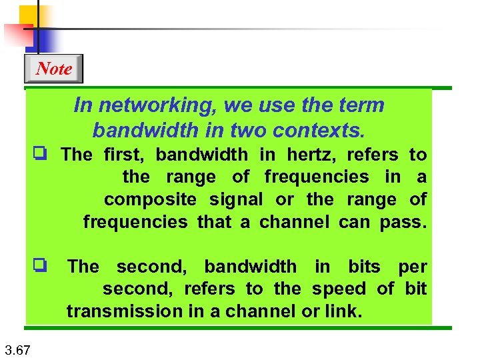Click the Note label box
53,69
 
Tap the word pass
403,221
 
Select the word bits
364,267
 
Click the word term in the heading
361,105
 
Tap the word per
413,267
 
